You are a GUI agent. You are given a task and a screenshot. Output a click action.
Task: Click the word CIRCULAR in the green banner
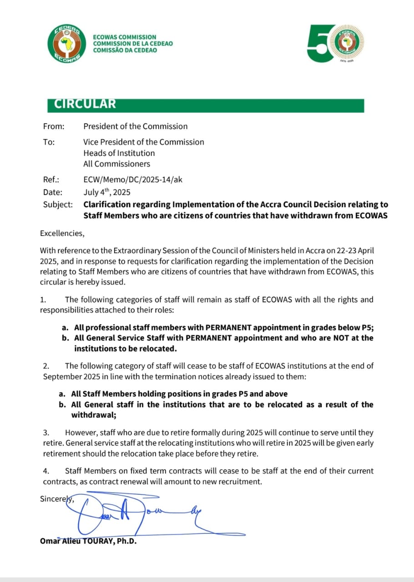click(85, 104)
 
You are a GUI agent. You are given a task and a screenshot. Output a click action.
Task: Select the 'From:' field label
click(54, 126)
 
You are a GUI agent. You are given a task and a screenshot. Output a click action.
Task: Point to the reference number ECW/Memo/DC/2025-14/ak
click(132, 180)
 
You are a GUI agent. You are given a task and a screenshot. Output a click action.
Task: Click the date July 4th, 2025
click(106, 192)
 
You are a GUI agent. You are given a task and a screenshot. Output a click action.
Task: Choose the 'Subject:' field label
click(58, 205)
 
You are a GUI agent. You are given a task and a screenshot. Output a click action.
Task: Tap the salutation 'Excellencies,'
click(62, 234)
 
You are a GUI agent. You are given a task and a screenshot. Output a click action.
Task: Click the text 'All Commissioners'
click(116, 164)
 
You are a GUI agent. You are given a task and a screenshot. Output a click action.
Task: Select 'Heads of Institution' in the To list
click(119, 153)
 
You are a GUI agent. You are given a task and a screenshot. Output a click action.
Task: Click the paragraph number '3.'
click(46, 433)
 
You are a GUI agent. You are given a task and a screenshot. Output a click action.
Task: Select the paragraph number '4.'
click(46, 471)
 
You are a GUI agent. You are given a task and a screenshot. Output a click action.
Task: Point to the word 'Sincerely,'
click(57, 499)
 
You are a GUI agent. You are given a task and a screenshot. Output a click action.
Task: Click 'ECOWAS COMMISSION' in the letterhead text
click(124, 37)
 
